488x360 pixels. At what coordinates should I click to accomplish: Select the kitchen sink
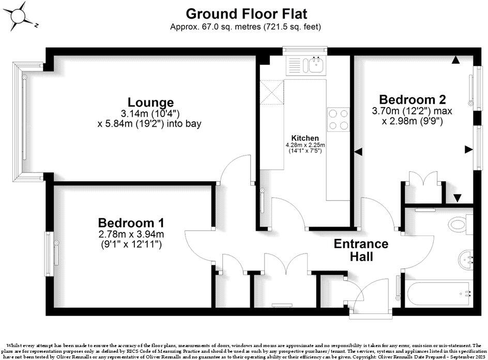(x=314, y=65)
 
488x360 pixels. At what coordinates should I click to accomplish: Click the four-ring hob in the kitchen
(x=338, y=119)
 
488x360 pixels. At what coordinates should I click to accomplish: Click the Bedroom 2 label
(x=412, y=99)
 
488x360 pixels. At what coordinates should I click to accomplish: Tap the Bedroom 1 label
(x=131, y=223)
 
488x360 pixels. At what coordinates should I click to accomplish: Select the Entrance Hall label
(x=361, y=249)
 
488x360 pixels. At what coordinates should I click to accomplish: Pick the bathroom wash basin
(x=466, y=257)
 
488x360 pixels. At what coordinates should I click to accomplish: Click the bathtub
(x=437, y=295)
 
